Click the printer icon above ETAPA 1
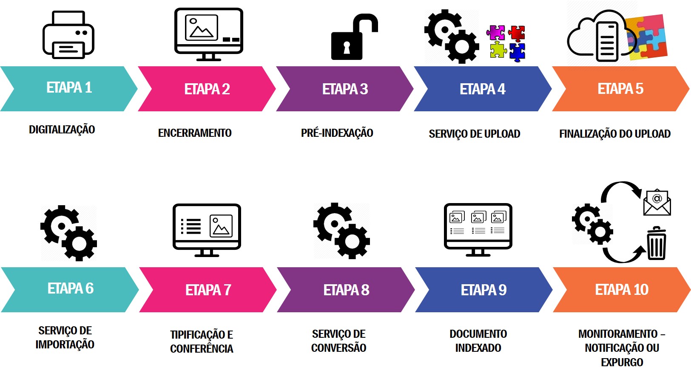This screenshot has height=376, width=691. point(68,35)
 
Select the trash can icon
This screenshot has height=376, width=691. point(657,244)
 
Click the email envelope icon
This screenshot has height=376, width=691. point(657,203)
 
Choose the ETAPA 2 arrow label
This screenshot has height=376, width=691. point(207,89)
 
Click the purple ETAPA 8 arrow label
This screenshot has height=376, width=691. point(346,290)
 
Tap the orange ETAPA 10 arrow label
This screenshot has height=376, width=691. point(621,290)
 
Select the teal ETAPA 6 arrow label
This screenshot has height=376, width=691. point(70,289)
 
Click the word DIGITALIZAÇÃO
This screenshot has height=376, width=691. point(62,130)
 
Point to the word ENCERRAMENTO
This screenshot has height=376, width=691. point(195,133)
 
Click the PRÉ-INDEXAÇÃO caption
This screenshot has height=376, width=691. point(337,133)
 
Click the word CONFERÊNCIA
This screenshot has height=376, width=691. point(202,349)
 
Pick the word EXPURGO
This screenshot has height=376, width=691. point(622,362)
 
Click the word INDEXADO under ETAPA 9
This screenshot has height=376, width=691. point(478,348)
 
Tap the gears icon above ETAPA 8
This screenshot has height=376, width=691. point(341,231)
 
